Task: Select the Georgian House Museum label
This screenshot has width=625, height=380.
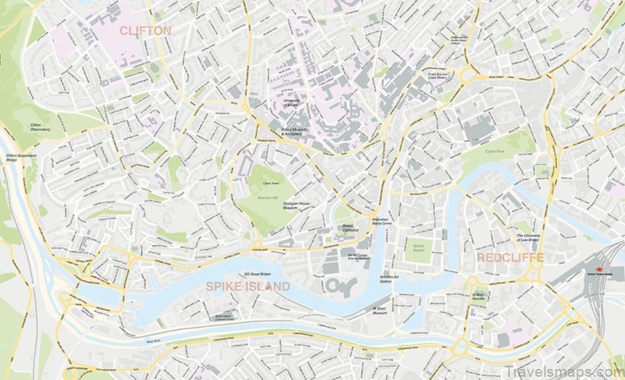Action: pos(301,205)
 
